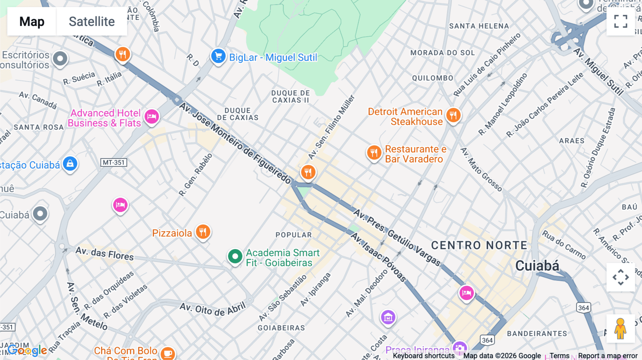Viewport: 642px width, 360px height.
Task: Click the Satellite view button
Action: tap(92, 21)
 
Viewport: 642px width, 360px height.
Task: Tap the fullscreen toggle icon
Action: tap(621, 21)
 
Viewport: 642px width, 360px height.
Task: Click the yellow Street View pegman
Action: tap(620, 328)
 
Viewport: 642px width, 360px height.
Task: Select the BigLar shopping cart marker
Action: tap(218, 56)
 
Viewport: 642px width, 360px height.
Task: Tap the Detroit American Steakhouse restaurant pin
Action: tap(453, 115)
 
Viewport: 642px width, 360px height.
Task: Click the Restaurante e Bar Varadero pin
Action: tap(374, 153)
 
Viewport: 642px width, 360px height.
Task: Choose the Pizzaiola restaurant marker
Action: tap(203, 232)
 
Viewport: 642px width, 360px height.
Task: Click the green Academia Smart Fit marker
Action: tap(235, 256)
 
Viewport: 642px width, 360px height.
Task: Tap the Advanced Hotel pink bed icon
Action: tap(152, 117)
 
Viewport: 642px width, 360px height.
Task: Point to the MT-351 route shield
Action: tap(114, 163)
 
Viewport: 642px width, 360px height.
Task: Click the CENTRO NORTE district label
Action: tap(479, 245)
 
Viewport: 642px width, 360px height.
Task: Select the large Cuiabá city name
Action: tap(537, 266)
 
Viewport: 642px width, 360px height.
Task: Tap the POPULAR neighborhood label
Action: tap(294, 235)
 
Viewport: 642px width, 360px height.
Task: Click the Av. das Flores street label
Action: tap(105, 253)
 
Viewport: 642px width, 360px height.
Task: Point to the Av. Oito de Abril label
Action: tap(213, 309)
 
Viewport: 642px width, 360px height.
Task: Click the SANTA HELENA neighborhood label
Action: tap(479, 26)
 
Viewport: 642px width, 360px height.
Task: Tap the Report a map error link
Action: tap(607, 356)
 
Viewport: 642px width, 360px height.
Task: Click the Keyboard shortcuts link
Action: tap(423, 356)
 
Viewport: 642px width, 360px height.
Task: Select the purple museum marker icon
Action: tap(388, 317)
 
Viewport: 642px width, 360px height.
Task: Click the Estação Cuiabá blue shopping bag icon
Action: tap(70, 164)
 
